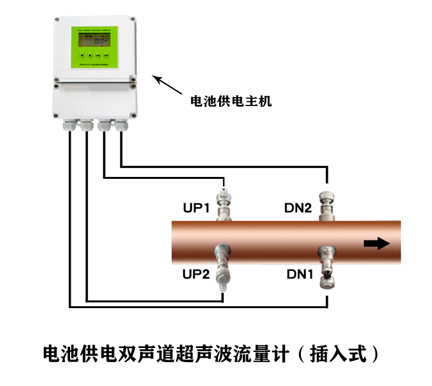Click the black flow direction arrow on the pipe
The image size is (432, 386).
pos(376,243)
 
